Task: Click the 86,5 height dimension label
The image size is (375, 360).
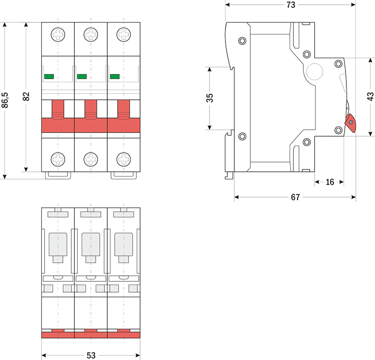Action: pos(5,100)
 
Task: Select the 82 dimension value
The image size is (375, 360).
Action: pos(26,96)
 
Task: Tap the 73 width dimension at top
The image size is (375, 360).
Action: pos(291,5)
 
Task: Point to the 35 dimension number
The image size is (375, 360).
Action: pos(210,98)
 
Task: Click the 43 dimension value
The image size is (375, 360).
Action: pos(370,96)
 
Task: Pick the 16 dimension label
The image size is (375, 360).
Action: pos(330,182)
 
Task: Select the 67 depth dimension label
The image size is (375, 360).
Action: pos(295,197)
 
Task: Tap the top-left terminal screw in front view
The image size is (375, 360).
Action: pos(58,34)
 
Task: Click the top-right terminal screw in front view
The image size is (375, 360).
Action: pos(123,34)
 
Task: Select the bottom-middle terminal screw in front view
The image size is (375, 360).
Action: pos(90,159)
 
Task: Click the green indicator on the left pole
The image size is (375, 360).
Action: pos(49,76)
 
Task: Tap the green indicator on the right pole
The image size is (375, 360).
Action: pos(114,76)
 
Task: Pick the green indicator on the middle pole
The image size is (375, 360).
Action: pos(82,76)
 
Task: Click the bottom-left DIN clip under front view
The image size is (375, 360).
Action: pos(58,175)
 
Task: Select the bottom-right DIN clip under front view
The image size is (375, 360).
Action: pos(123,175)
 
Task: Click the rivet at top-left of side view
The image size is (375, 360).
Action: pos(242,40)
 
